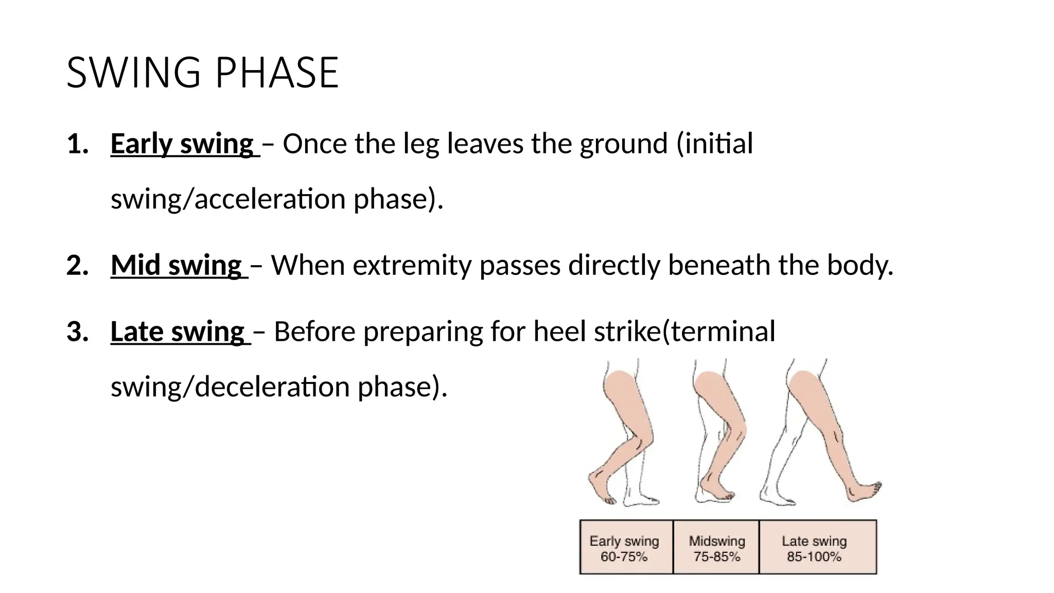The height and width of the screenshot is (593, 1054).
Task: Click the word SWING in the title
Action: pyautogui.click(x=133, y=73)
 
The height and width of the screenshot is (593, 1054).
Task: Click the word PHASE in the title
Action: pyautogui.click(x=276, y=73)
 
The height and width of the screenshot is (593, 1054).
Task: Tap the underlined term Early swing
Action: pyautogui.click(x=182, y=144)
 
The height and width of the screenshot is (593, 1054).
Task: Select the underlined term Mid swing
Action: pyautogui.click(x=177, y=266)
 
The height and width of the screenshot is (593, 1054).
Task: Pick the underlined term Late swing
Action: pyautogui.click(x=178, y=332)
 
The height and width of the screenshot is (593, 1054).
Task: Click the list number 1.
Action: pyautogui.click(x=77, y=144)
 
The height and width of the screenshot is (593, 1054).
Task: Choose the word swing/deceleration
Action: pyautogui.click(x=230, y=387)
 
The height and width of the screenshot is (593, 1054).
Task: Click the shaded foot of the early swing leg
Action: pyautogui.click(x=600, y=486)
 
